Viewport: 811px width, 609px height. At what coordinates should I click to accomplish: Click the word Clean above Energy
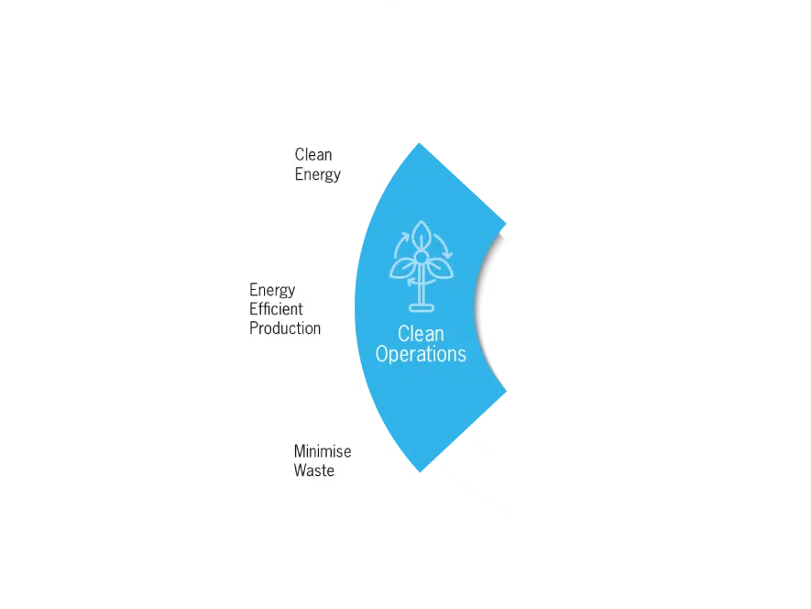point(313,154)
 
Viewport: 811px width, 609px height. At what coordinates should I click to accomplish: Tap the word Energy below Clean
point(317,174)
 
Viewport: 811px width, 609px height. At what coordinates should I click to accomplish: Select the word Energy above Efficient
point(272,290)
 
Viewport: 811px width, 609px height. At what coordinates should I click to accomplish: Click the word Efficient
point(276,309)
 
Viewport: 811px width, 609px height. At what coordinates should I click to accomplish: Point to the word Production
point(285,328)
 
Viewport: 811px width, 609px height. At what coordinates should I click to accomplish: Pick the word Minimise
point(322,451)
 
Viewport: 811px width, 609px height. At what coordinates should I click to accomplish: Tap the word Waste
point(313,471)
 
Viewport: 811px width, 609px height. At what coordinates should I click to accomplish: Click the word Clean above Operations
point(421,334)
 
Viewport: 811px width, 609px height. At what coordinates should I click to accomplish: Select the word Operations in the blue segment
point(421,354)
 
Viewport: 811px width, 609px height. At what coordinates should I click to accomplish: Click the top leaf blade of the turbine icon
point(421,236)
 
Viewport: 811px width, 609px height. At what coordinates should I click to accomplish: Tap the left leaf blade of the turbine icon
point(404,267)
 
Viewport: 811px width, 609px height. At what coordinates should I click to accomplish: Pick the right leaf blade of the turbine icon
point(438,267)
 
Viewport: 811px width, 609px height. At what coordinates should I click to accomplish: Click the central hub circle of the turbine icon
point(421,259)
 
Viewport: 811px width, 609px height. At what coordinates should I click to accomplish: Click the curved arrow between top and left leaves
point(400,243)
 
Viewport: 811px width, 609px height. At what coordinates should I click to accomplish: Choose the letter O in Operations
point(383,354)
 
